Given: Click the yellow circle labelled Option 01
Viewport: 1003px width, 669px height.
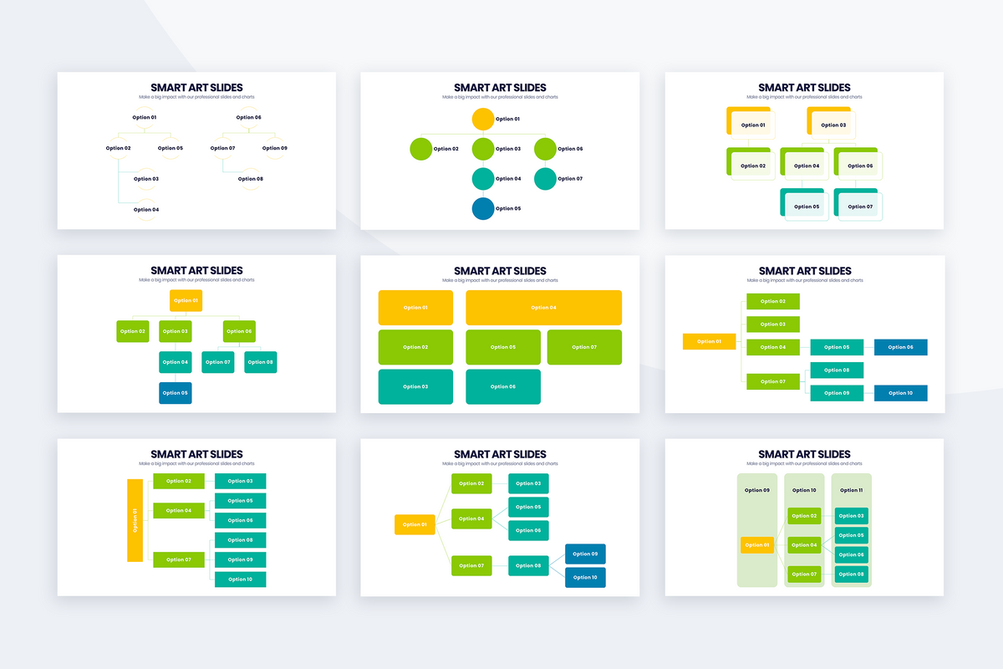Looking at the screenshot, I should click(483, 119).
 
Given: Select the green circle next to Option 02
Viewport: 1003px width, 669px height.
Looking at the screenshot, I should click(421, 149).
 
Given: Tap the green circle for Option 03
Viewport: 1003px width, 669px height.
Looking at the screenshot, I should click(483, 149).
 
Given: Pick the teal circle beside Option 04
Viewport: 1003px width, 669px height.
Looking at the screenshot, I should click(483, 179).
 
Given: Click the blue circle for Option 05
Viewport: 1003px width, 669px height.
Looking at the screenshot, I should click(483, 208).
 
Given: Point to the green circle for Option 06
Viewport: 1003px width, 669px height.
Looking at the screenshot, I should click(545, 149).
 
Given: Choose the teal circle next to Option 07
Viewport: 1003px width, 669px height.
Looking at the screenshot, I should click(545, 179).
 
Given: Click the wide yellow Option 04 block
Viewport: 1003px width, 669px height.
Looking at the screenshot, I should click(543, 308).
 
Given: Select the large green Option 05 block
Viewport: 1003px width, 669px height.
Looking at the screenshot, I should click(502, 347).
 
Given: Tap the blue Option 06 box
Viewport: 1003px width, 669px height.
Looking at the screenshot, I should click(900, 347).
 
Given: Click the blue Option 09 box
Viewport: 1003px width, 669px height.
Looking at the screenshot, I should click(585, 554).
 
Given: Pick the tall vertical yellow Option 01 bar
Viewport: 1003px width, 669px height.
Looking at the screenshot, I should click(135, 520).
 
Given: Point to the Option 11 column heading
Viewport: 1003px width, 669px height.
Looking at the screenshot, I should click(850, 490).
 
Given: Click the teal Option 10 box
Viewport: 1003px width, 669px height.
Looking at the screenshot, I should click(240, 579).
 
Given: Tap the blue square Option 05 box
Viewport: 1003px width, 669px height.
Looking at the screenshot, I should click(176, 392).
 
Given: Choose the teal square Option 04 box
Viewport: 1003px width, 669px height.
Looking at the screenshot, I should click(176, 362).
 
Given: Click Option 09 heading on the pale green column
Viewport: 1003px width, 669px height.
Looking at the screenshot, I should click(756, 490).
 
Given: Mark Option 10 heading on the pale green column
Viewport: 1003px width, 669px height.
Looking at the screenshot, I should click(803, 490).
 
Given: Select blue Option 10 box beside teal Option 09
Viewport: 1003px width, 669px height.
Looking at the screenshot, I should click(900, 393).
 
